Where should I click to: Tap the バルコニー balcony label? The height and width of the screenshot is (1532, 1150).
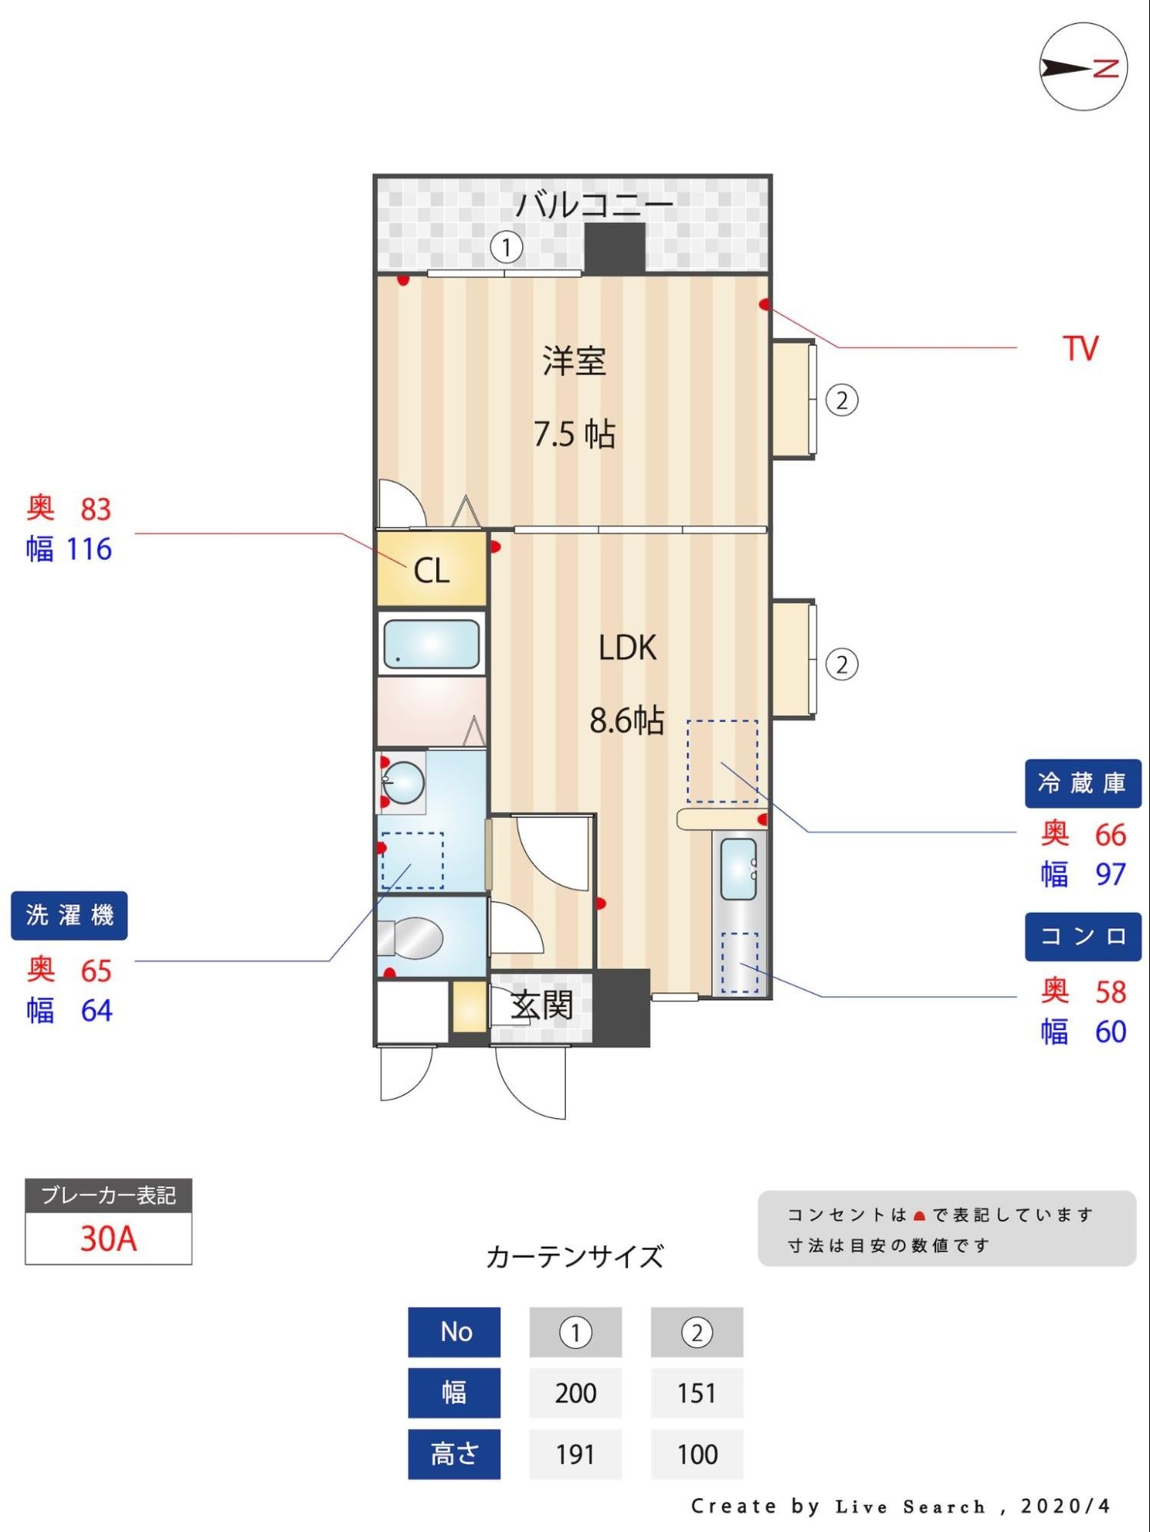tap(594, 205)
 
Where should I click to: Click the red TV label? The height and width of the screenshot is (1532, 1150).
tap(1080, 349)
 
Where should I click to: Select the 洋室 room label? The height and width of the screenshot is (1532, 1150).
tap(574, 361)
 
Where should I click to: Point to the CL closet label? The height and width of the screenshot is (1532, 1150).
tap(431, 571)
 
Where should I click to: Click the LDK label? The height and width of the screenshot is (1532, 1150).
tap(627, 648)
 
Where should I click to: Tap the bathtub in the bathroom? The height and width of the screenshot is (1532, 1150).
tap(431, 644)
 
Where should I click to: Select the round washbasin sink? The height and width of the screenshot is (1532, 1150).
tap(404, 782)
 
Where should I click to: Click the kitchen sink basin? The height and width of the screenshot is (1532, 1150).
tap(738, 869)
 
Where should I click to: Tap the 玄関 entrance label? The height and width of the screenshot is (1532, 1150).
tap(542, 1005)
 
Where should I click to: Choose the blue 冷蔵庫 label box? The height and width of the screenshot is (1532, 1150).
tap(1083, 783)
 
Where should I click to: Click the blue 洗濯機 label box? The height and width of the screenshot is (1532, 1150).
tap(69, 915)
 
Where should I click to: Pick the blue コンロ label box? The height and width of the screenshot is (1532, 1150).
tap(1083, 937)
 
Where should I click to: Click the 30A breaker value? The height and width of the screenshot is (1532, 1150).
tap(108, 1238)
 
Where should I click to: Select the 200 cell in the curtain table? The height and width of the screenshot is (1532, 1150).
tap(575, 1393)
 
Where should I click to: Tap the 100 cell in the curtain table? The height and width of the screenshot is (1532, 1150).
tap(697, 1454)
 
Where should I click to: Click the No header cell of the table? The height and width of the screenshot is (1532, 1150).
tap(455, 1332)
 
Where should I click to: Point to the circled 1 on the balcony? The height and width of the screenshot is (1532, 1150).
tap(506, 248)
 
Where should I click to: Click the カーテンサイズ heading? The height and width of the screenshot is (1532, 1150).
tap(574, 1258)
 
